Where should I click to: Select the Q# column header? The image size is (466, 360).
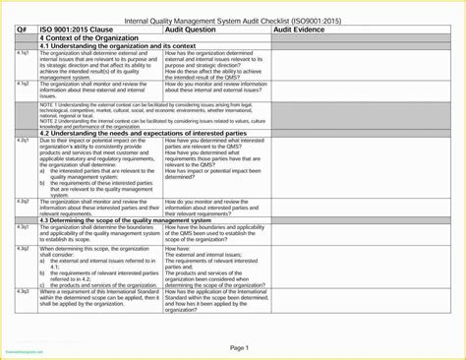[22, 30]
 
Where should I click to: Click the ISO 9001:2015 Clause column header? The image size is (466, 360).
[79, 30]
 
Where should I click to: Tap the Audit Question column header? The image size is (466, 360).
[197, 30]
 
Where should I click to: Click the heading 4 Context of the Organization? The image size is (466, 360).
[87, 38]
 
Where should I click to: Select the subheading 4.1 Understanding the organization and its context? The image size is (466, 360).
[117, 45]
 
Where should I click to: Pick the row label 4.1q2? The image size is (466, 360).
[23, 84]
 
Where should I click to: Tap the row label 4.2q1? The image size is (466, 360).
[23, 141]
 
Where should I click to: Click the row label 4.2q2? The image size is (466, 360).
[23, 201]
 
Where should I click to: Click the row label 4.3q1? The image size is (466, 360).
[23, 227]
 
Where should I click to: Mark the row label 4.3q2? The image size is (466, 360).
[23, 249]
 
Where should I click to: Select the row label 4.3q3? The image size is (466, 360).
[23, 292]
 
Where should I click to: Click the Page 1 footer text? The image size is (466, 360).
[240, 347]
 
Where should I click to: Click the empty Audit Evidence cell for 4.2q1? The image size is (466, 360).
[354, 167]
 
